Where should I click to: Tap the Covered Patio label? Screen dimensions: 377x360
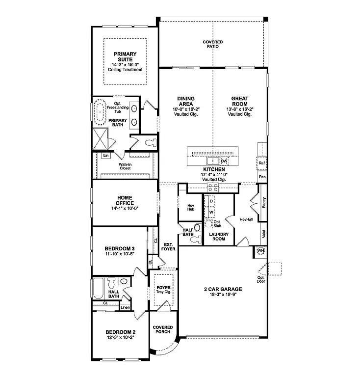(212, 44)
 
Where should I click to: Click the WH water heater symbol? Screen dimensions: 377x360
(260, 251)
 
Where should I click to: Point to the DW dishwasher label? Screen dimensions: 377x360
(224, 161)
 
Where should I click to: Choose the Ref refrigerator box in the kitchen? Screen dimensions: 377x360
(262, 162)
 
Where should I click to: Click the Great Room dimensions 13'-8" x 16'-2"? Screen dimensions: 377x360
(239, 109)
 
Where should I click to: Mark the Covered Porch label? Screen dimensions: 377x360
(162, 330)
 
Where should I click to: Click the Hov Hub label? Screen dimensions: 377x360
(191, 207)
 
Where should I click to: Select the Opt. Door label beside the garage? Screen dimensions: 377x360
(260, 280)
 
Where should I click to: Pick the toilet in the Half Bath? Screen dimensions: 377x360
(196, 240)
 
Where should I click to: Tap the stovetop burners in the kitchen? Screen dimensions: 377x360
(212, 187)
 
